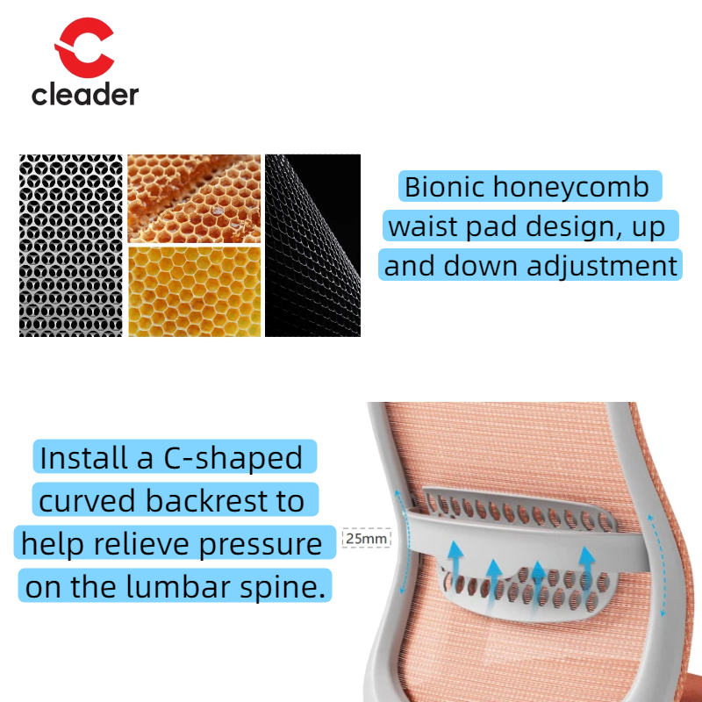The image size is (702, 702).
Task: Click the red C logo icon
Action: point(85,51)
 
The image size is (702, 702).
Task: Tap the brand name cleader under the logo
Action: point(85,94)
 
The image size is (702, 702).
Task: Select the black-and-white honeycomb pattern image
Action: point(71,246)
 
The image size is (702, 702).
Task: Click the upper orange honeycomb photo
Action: point(194,198)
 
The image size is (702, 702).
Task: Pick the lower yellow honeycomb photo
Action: point(194,291)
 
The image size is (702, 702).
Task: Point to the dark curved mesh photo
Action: point(312,246)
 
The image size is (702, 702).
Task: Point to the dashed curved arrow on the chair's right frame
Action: point(658,562)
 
